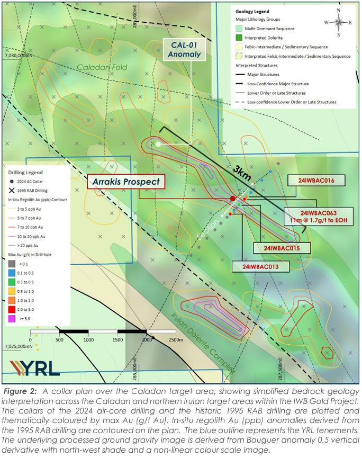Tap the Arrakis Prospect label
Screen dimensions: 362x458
(x=125, y=182)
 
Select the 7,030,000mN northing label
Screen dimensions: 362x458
(x=20, y=55)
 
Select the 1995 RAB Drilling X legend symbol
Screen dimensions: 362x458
(x=12, y=190)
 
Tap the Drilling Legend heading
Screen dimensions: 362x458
(x=25, y=172)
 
